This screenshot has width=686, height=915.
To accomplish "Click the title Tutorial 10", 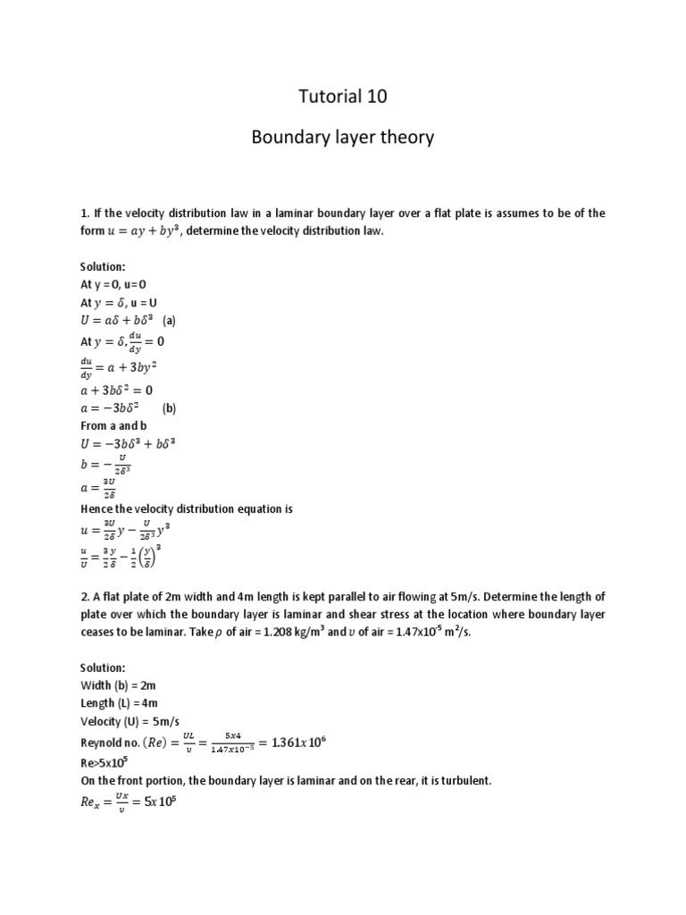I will [x=343, y=97].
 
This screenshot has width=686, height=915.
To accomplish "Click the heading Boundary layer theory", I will [x=343, y=137].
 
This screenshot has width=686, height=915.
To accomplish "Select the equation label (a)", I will [x=169, y=320].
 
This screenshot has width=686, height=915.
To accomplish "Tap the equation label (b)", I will [x=170, y=407].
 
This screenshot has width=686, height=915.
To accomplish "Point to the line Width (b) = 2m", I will [x=117, y=685].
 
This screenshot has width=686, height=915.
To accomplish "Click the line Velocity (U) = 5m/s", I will [x=131, y=721].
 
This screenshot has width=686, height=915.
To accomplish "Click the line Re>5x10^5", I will [x=106, y=762].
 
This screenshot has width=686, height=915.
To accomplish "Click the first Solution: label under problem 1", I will [x=103, y=267].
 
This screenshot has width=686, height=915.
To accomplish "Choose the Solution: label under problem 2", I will [x=103, y=667].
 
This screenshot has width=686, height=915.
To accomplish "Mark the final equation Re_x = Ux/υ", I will [x=129, y=801].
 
